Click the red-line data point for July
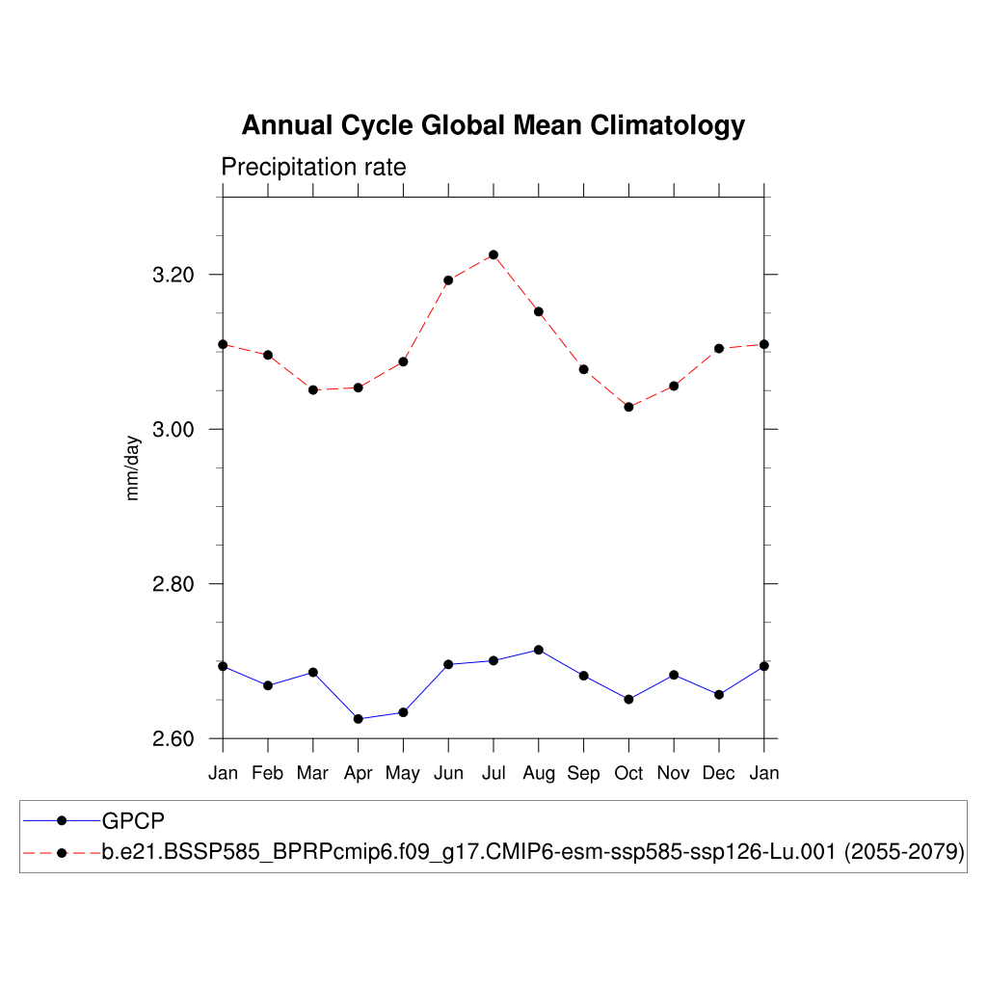pos(493,254)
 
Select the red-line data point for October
pos(628,407)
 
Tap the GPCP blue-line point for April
pos(358,719)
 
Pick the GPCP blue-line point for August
pos(539,650)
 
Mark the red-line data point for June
pos(448,280)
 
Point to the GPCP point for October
pos(628,699)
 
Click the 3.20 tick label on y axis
pos(173,275)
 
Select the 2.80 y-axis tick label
pos(173,584)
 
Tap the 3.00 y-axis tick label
pos(173,429)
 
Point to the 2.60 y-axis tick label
pos(173,739)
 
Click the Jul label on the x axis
pos(493,773)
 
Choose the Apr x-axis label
pos(358,773)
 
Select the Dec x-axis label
pos(719,773)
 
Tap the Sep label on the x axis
pos(583,773)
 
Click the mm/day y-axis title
pos(133,467)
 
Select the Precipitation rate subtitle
pos(313,167)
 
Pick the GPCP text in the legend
pos(133,820)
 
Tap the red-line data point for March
pos(312,389)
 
